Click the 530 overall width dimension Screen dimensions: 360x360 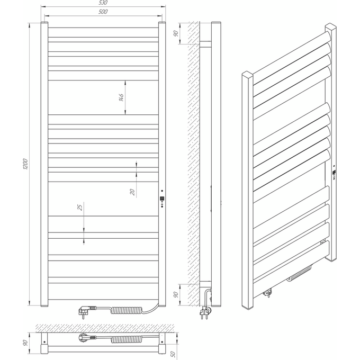tap(104, 3)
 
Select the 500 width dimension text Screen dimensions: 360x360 tap(103, 12)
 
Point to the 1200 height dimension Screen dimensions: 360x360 tap(25, 164)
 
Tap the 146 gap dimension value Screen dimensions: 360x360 tap(121, 97)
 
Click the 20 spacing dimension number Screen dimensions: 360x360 tap(132, 192)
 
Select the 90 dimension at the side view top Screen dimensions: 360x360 tap(176, 33)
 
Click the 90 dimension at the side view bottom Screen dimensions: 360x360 tap(176, 294)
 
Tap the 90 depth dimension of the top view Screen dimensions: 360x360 tap(25, 343)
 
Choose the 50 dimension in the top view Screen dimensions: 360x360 tap(173, 354)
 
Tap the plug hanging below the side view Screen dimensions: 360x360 tap(205, 312)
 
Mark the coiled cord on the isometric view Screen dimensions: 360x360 tap(300, 273)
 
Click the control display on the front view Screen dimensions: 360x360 tap(163, 198)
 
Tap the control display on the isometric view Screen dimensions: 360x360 tap(334, 172)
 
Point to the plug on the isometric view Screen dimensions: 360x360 tap(268, 293)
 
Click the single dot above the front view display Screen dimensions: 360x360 tap(162, 191)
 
